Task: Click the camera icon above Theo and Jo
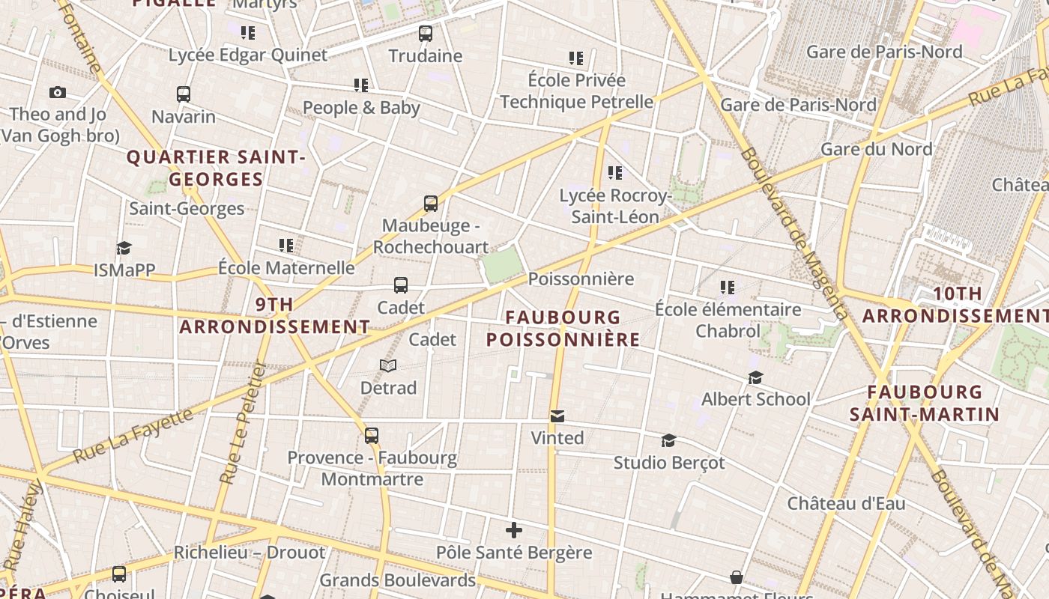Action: coord(58,93)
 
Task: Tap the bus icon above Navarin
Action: coord(184,94)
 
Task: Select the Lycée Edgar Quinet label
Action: coord(247,55)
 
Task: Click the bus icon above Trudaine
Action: coord(426,34)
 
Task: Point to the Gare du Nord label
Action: coord(877,149)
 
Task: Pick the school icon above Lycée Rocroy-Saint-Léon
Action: coord(615,174)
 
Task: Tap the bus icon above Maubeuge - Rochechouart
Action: coord(431,204)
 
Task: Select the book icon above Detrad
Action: coord(388,366)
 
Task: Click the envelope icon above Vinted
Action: coord(557,416)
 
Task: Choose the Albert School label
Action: coord(755,399)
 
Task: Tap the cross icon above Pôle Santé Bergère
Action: coord(514,531)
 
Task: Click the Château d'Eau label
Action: coord(846,504)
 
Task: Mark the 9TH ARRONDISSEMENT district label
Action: coord(274,316)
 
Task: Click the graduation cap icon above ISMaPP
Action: coord(124,249)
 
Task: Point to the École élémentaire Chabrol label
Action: coord(728,320)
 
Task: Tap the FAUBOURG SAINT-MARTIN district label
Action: coord(925,403)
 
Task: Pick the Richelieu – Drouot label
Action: coord(250,553)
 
